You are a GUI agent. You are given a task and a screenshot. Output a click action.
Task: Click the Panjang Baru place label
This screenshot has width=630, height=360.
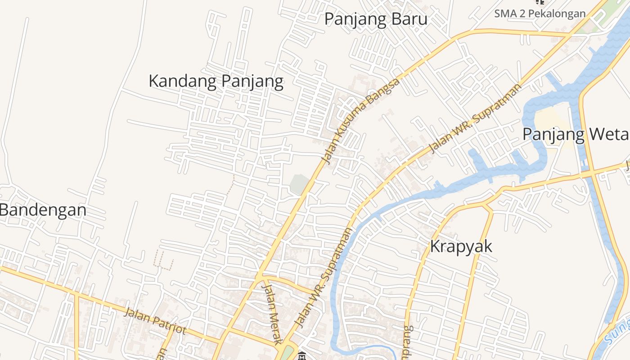pyautogui.click(x=375, y=19)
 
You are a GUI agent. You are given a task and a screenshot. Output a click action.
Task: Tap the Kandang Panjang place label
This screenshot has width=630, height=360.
pyautogui.click(x=216, y=81)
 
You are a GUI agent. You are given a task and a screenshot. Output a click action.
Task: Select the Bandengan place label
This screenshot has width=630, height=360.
pyautogui.click(x=43, y=210)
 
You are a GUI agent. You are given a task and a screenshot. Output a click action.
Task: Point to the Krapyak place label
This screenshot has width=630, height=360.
pyautogui.click(x=461, y=247)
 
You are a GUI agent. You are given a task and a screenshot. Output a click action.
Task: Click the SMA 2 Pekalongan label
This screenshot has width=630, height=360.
pyautogui.click(x=540, y=13)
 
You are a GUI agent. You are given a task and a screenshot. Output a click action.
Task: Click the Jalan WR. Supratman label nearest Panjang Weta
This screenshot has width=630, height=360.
pyautogui.click(x=476, y=118)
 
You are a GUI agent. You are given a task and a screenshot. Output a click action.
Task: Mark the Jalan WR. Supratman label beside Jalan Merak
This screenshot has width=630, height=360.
pyautogui.click(x=323, y=278)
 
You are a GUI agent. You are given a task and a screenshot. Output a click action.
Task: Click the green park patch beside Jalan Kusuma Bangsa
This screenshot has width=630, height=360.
pyautogui.click(x=299, y=184)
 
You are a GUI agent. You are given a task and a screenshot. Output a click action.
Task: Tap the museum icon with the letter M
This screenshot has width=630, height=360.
pyautogui.click(x=302, y=356)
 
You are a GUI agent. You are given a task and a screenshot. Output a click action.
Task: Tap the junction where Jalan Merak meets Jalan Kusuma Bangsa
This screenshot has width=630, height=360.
pyautogui.click(x=260, y=276)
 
